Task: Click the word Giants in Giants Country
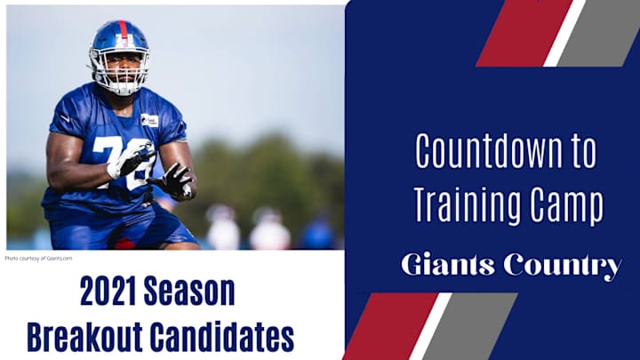(x=448, y=265)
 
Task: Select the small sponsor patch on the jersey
(x=149, y=120)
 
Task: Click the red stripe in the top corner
(x=524, y=33)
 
